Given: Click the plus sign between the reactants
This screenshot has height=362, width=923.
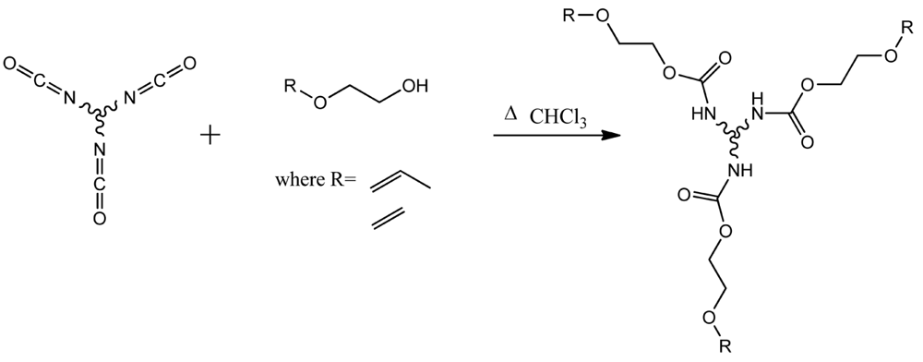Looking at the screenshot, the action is [210, 137].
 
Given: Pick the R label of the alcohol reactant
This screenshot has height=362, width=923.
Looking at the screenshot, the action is [289, 87].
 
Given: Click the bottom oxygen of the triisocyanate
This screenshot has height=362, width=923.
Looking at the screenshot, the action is [100, 219].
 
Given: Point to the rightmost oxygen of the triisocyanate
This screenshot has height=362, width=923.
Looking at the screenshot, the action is [189, 64].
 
